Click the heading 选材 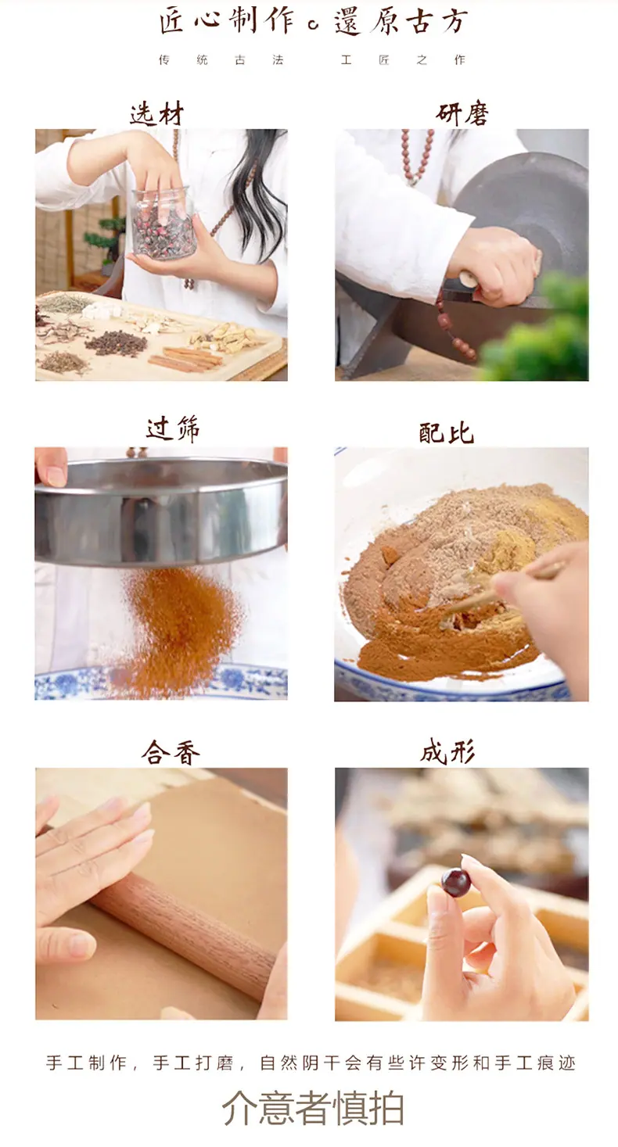tap(156, 114)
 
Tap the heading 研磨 tap(462, 114)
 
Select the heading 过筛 tap(173, 429)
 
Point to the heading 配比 tap(447, 433)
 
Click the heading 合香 tap(171, 753)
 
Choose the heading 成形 tap(447, 753)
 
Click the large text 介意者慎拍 tap(313, 1107)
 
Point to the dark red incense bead tap(455, 883)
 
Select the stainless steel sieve tap(161, 512)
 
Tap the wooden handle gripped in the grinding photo tap(469, 280)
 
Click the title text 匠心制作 tap(228, 22)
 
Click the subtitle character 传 tap(164, 60)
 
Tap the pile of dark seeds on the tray tap(117, 343)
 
